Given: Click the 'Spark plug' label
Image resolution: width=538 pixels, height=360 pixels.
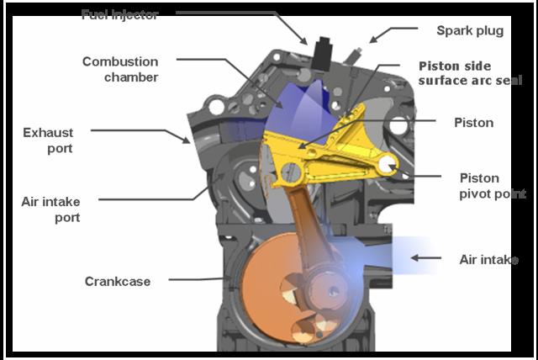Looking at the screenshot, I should pyautogui.click(x=469, y=31).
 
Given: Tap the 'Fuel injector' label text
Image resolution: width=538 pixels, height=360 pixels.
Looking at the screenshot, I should pyautogui.click(x=120, y=14).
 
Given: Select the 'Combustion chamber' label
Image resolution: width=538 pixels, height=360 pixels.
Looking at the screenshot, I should pyautogui.click(x=119, y=69).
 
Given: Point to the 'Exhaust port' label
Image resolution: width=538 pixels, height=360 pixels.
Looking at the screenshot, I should pyautogui.click(x=49, y=140).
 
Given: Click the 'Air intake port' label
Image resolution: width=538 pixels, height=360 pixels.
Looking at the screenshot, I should pyautogui.click(x=51, y=209).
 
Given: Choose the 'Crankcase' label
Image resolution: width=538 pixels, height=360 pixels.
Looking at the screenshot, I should pyautogui.click(x=118, y=281).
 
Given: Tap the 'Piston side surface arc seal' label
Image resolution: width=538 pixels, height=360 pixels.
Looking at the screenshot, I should pyautogui.click(x=467, y=72).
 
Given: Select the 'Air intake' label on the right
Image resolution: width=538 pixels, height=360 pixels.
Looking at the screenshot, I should pyautogui.click(x=488, y=260).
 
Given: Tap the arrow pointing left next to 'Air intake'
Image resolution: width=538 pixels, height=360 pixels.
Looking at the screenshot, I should pyautogui.click(x=425, y=259).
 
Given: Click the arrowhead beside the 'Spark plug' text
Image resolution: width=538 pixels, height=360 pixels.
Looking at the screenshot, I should pyautogui.click(x=376, y=38).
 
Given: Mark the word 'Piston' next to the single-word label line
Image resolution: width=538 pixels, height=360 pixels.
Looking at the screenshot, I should pyautogui.click(x=473, y=123).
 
